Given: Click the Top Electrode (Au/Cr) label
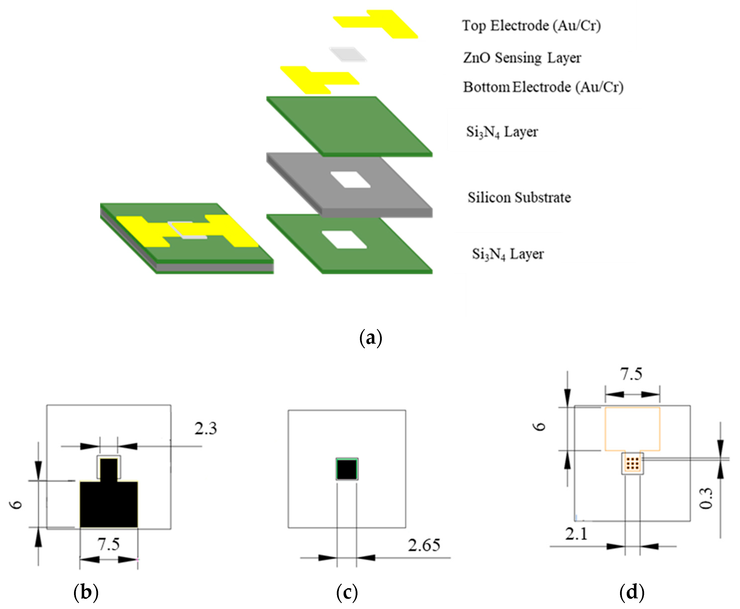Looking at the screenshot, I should (531, 26).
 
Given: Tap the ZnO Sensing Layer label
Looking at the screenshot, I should (522, 58).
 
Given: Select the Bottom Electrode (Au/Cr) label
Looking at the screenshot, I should (543, 87).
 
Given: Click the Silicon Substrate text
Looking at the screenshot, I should (519, 198).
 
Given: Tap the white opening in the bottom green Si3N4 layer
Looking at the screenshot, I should (344, 240).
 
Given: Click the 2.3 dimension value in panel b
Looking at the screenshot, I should (206, 429).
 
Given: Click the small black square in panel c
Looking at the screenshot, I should (347, 469).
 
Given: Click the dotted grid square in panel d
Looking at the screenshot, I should (632, 463).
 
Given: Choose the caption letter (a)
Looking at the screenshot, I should (371, 338).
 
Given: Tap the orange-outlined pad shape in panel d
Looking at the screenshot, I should (632, 429).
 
